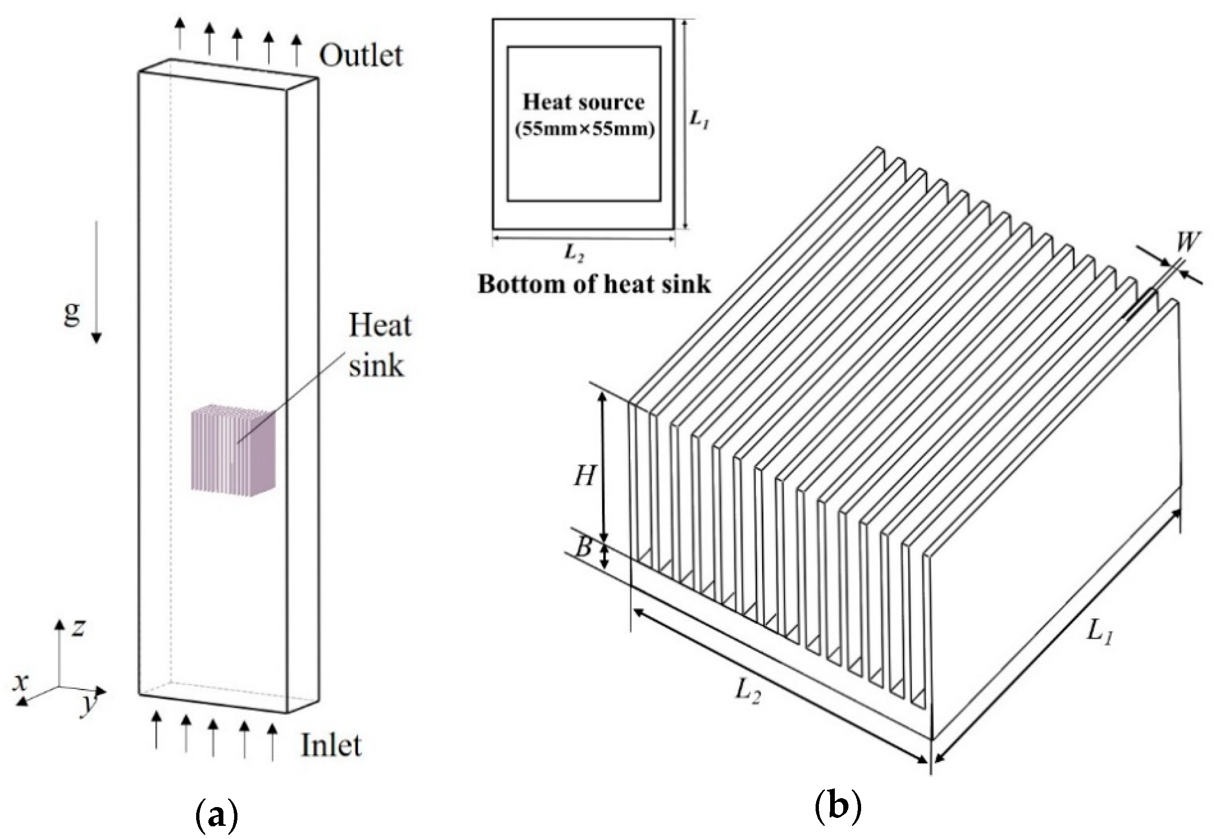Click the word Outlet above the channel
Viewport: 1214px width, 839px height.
(x=361, y=56)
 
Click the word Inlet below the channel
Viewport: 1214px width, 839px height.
(x=331, y=746)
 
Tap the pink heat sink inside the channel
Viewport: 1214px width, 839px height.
(x=233, y=450)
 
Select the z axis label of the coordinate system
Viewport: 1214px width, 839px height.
(x=78, y=627)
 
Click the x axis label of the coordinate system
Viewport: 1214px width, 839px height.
(x=20, y=682)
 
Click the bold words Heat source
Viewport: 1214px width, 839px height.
(x=583, y=102)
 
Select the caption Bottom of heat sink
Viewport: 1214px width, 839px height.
(x=594, y=284)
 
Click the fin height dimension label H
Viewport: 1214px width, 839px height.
(x=584, y=477)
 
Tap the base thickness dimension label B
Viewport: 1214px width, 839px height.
(x=583, y=548)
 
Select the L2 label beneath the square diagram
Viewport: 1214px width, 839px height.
(x=574, y=253)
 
